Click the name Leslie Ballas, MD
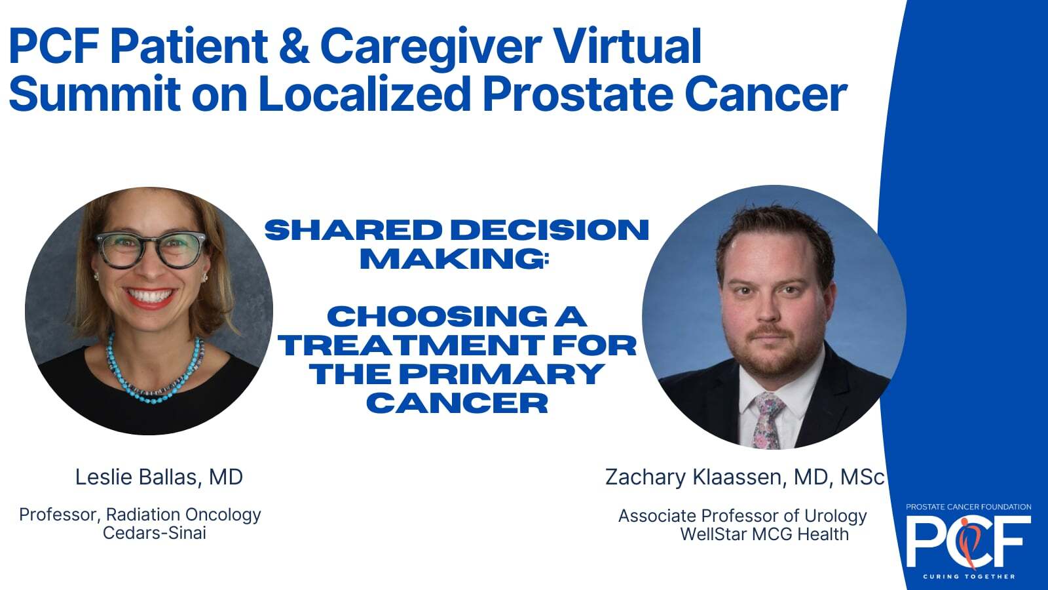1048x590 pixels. point(159,478)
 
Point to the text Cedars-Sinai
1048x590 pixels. point(155,533)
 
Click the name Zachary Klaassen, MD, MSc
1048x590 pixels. point(745,477)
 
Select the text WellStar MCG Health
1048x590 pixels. point(764,534)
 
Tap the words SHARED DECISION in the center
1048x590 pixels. point(457,230)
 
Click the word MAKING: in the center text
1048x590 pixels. point(454,258)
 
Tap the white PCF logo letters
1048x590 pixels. point(969,541)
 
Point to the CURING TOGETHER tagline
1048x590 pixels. point(969,576)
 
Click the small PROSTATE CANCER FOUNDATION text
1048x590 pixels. point(969,507)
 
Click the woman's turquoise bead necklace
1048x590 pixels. point(155,370)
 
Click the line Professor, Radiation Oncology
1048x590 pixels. point(140,515)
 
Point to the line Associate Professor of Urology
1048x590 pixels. point(743,515)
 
